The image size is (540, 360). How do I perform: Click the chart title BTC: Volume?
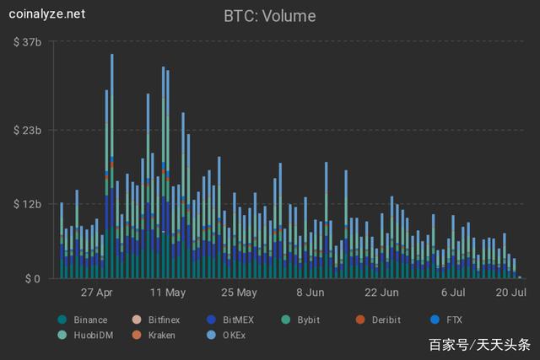click(x=269, y=15)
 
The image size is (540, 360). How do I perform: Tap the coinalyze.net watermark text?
click(x=48, y=14)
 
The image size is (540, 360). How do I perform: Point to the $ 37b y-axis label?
click(x=29, y=41)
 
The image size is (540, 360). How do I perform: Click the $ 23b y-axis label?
click(x=29, y=131)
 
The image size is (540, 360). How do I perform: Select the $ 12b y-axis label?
click(x=29, y=205)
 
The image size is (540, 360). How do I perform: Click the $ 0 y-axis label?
click(x=31, y=278)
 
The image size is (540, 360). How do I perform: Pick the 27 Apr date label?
click(x=97, y=293)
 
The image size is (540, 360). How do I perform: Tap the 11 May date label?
click(x=167, y=293)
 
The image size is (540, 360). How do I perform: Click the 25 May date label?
click(x=239, y=293)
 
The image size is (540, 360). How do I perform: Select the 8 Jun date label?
click(x=310, y=293)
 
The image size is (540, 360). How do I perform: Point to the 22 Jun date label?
click(x=381, y=293)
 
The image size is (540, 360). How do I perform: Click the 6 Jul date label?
click(x=453, y=293)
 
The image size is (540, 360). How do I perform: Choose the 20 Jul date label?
click(x=511, y=293)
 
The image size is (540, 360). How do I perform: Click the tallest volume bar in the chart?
click(x=111, y=169)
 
